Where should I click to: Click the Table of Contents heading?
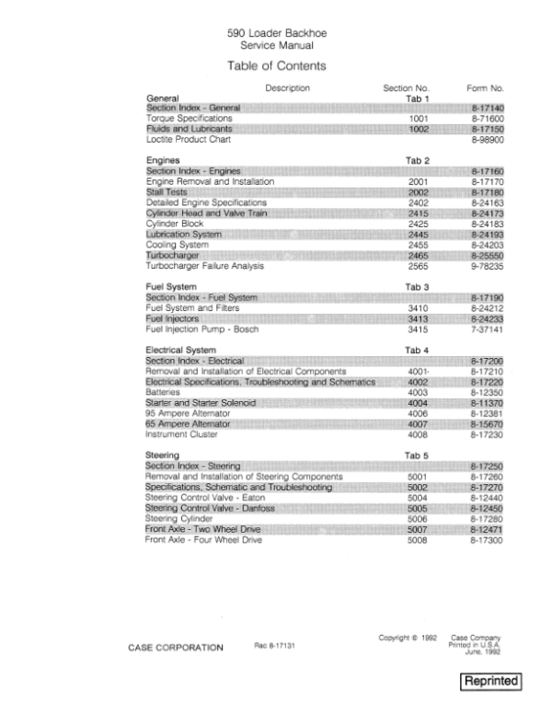[x=276, y=66]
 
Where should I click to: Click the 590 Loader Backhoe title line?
[x=275, y=33]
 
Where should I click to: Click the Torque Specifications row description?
[x=190, y=119]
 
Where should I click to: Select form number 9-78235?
[x=488, y=266]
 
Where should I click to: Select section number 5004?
[x=419, y=497]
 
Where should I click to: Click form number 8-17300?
[x=488, y=537]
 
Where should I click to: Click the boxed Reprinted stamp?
[x=491, y=682]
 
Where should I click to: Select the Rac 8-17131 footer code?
[x=273, y=647]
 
